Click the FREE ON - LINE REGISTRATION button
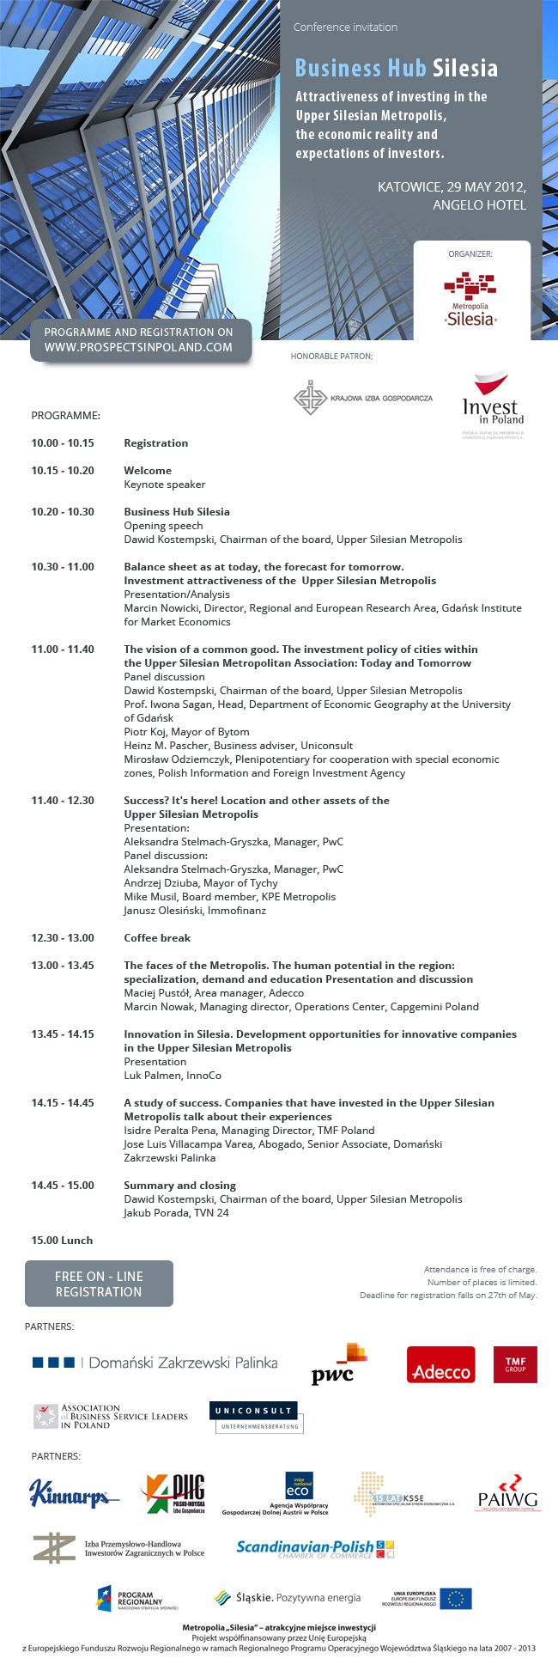[99, 1284]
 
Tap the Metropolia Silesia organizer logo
[470, 299]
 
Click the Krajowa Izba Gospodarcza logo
[362, 398]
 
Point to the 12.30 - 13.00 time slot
[63, 938]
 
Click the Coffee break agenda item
[157, 938]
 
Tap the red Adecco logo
[440, 1364]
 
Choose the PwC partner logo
[338, 1364]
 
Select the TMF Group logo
[515, 1364]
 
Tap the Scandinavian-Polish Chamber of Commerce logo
[314, 1549]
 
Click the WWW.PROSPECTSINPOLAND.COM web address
[138, 347]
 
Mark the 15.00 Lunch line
[62, 1241]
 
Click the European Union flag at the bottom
[456, 1598]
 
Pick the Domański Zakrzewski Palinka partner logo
[155, 1363]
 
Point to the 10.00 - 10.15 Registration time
[63, 443]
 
